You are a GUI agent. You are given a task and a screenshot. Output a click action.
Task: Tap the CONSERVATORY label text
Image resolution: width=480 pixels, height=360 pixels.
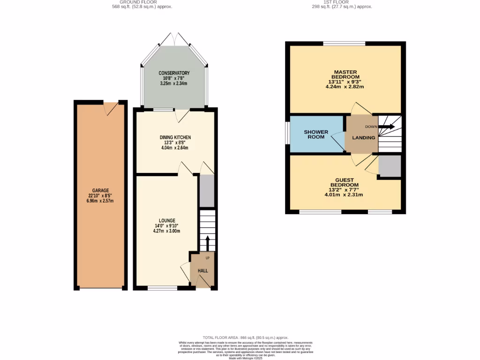pyautogui.click(x=174, y=73)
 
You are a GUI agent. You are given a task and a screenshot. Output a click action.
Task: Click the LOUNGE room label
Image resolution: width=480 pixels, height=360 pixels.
pyautogui.click(x=167, y=220)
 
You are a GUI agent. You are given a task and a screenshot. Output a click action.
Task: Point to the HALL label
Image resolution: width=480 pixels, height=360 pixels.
pyautogui.click(x=202, y=271)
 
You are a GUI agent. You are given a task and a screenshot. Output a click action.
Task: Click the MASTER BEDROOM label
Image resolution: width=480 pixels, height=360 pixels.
pyautogui.click(x=345, y=74)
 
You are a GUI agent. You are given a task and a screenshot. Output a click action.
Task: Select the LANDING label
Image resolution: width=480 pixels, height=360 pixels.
pyautogui.click(x=364, y=138)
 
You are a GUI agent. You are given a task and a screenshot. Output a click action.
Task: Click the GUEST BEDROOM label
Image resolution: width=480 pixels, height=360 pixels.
pyautogui.click(x=345, y=182)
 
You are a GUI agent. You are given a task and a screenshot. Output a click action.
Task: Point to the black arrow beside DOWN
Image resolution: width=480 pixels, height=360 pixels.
pyautogui.click(x=387, y=126)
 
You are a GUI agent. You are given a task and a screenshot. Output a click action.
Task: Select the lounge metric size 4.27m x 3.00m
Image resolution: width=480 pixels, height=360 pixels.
pyautogui.click(x=167, y=231)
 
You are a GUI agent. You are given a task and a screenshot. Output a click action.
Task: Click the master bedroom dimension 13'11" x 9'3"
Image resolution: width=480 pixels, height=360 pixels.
pyautogui.click(x=345, y=82)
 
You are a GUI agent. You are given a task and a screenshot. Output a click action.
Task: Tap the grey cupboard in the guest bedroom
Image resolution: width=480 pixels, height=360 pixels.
pyautogui.click(x=390, y=166)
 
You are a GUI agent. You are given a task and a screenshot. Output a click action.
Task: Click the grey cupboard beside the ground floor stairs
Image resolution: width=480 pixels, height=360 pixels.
pyautogui.click(x=206, y=191)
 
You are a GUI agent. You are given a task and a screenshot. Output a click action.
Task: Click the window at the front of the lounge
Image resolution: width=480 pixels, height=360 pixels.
pyautogui.click(x=163, y=288)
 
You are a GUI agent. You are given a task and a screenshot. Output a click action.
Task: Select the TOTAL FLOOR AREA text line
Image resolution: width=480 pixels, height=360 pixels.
pyautogui.click(x=245, y=337)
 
